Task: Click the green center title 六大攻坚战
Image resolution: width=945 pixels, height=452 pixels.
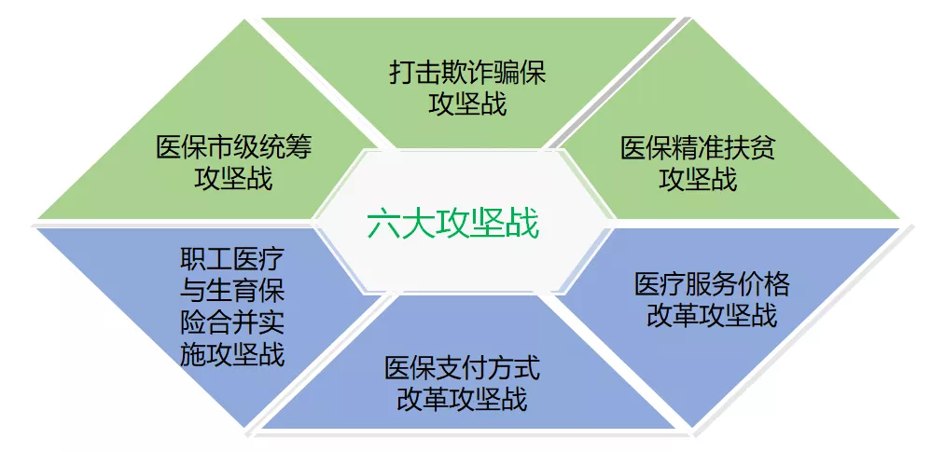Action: click(x=453, y=225)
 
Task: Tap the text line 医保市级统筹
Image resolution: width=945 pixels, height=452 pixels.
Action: click(x=234, y=147)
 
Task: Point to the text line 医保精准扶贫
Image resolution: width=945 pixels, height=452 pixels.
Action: click(x=698, y=148)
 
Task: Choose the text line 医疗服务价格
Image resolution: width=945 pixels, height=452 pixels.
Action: click(x=712, y=284)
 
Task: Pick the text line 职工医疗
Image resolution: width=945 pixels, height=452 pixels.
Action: click(x=232, y=260)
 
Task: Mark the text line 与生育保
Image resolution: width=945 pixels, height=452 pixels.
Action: click(x=232, y=292)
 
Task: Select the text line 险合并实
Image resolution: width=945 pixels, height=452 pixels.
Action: click(x=232, y=323)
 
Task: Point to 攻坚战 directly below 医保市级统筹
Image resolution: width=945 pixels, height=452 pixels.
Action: click(x=234, y=178)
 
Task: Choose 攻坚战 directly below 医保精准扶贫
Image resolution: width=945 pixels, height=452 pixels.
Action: click(x=698, y=179)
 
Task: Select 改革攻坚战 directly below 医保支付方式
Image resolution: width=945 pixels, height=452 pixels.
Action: click(x=463, y=399)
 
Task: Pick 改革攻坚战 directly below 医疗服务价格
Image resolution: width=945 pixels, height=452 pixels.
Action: click(x=712, y=315)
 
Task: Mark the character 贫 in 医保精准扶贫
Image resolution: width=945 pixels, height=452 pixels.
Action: click(x=763, y=148)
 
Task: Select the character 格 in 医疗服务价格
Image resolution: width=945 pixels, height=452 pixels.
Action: click(x=777, y=284)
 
